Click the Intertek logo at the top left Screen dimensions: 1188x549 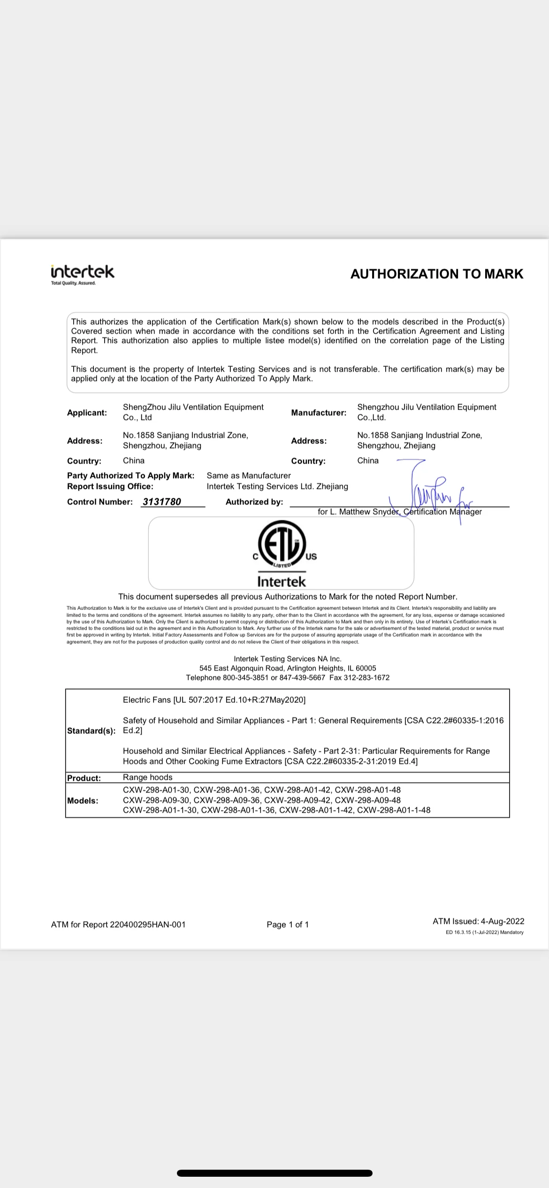83,274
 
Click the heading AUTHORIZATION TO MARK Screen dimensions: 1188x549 436,274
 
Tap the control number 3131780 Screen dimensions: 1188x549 162,502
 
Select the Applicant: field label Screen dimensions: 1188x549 87,413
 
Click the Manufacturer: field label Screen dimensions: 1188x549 319,413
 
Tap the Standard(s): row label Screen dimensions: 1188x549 91,731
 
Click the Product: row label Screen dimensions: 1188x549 84,778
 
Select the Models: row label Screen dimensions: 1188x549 83,800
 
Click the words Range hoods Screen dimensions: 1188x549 148,777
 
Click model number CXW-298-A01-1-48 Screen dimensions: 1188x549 394,810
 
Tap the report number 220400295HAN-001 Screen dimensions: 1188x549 148,924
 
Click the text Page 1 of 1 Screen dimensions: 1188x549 288,924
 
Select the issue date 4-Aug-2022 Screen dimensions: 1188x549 502,921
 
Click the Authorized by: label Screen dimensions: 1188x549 254,502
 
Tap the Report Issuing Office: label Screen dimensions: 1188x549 110,487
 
